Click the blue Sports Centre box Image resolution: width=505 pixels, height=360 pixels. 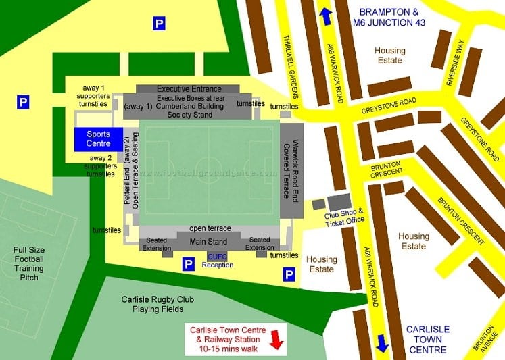tap(98, 139)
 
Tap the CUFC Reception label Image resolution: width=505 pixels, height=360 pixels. tap(217, 261)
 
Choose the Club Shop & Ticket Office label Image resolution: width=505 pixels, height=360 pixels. tap(344, 215)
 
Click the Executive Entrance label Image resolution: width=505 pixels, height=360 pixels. tap(189, 88)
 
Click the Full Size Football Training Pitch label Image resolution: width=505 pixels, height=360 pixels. tap(28, 263)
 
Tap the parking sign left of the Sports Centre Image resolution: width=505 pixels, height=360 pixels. tap(23, 103)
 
